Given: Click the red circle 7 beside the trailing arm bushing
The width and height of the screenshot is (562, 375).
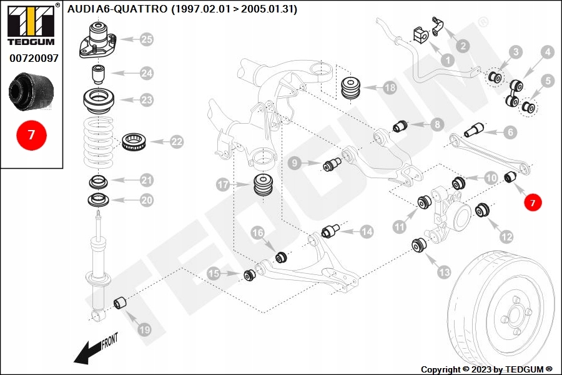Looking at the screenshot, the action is (533, 202).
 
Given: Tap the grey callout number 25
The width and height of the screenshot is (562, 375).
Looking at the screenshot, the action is (147, 39).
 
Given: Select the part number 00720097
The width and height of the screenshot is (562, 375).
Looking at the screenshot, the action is (34, 58).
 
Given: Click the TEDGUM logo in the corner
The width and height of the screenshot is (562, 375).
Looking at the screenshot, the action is (31, 25).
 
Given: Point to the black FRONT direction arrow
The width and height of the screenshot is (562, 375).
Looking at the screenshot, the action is (88, 352).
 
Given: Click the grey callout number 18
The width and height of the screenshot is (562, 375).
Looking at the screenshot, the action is (390, 87).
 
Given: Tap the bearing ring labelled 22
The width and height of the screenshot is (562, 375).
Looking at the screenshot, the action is (134, 142).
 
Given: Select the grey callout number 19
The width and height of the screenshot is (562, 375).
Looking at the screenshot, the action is (144, 329).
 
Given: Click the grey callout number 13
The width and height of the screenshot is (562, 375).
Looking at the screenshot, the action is (445, 272).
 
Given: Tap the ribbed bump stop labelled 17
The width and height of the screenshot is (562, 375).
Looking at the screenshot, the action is (264, 186).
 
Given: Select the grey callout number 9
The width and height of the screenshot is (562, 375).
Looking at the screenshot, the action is (295, 164).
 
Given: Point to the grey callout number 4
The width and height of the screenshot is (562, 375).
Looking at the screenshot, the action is (547, 52).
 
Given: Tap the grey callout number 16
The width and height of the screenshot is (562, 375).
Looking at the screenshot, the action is (258, 233).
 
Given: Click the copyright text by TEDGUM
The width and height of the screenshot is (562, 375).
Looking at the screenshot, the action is (486, 369).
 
